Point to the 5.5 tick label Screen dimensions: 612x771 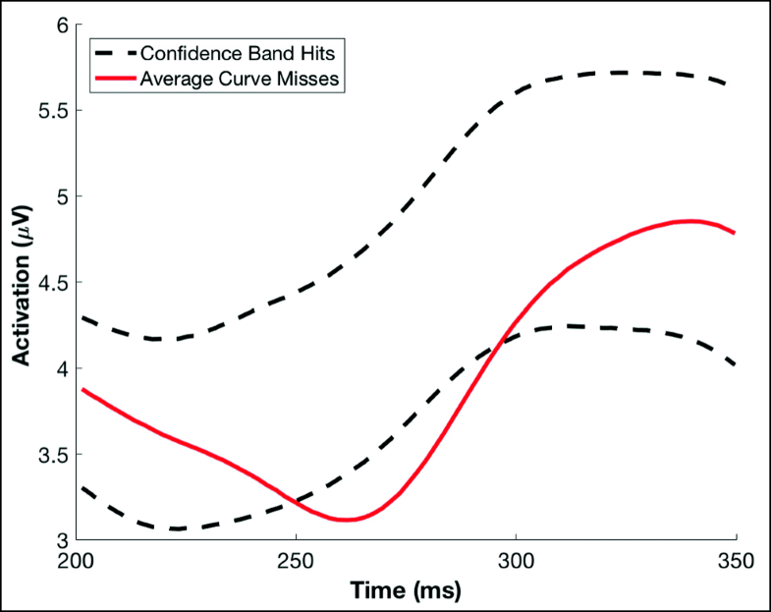coord(51,111)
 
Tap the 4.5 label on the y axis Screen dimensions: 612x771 coord(51,283)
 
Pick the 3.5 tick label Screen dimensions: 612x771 coord(51,455)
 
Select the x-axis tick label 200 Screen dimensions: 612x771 coord(83,563)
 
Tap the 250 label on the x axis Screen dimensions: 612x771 coord(298,563)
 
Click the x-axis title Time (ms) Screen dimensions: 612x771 coord(408,591)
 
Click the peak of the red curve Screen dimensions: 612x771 coord(691,221)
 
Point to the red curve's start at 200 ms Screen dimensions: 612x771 coord(83,389)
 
